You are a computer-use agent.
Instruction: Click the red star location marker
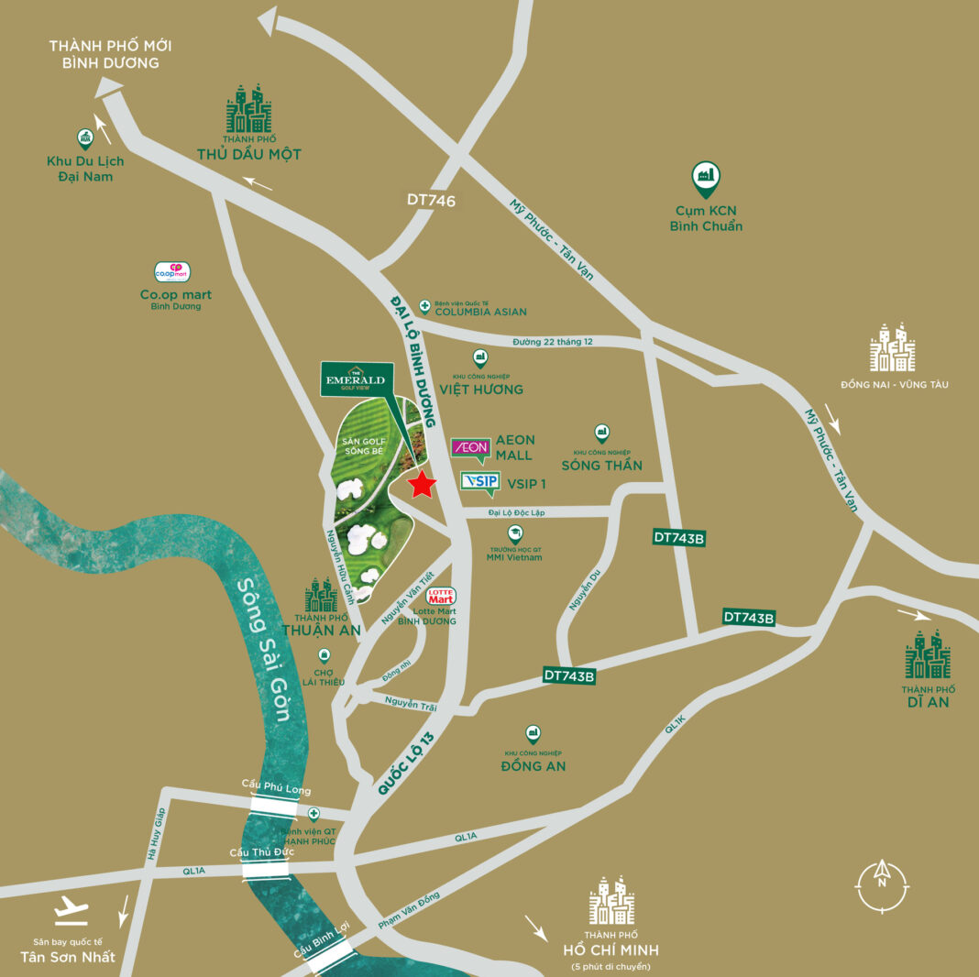pos(422,484)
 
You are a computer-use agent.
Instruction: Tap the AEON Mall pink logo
pos(471,447)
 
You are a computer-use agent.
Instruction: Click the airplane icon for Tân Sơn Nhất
pos(69,911)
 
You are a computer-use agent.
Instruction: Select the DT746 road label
pos(431,200)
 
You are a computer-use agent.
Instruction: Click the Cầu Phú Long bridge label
pos(276,790)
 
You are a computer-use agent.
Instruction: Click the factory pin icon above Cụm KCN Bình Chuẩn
pos(705,178)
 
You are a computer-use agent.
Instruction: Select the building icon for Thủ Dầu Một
pos(248,110)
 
